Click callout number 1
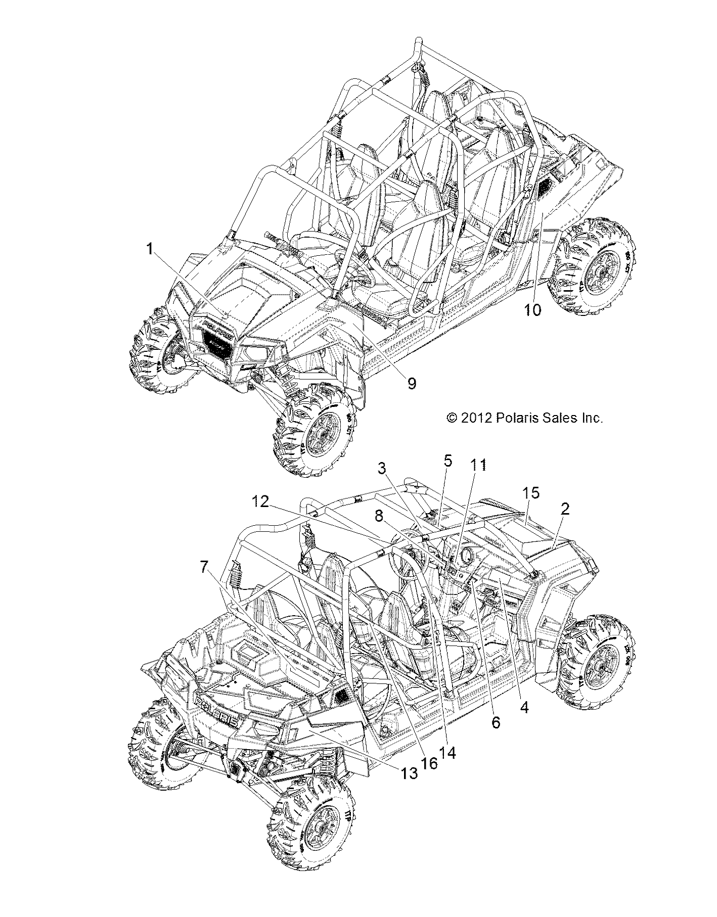point(149,248)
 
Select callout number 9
point(412,384)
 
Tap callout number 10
point(532,309)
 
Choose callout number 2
point(565,509)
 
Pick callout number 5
point(447,461)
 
